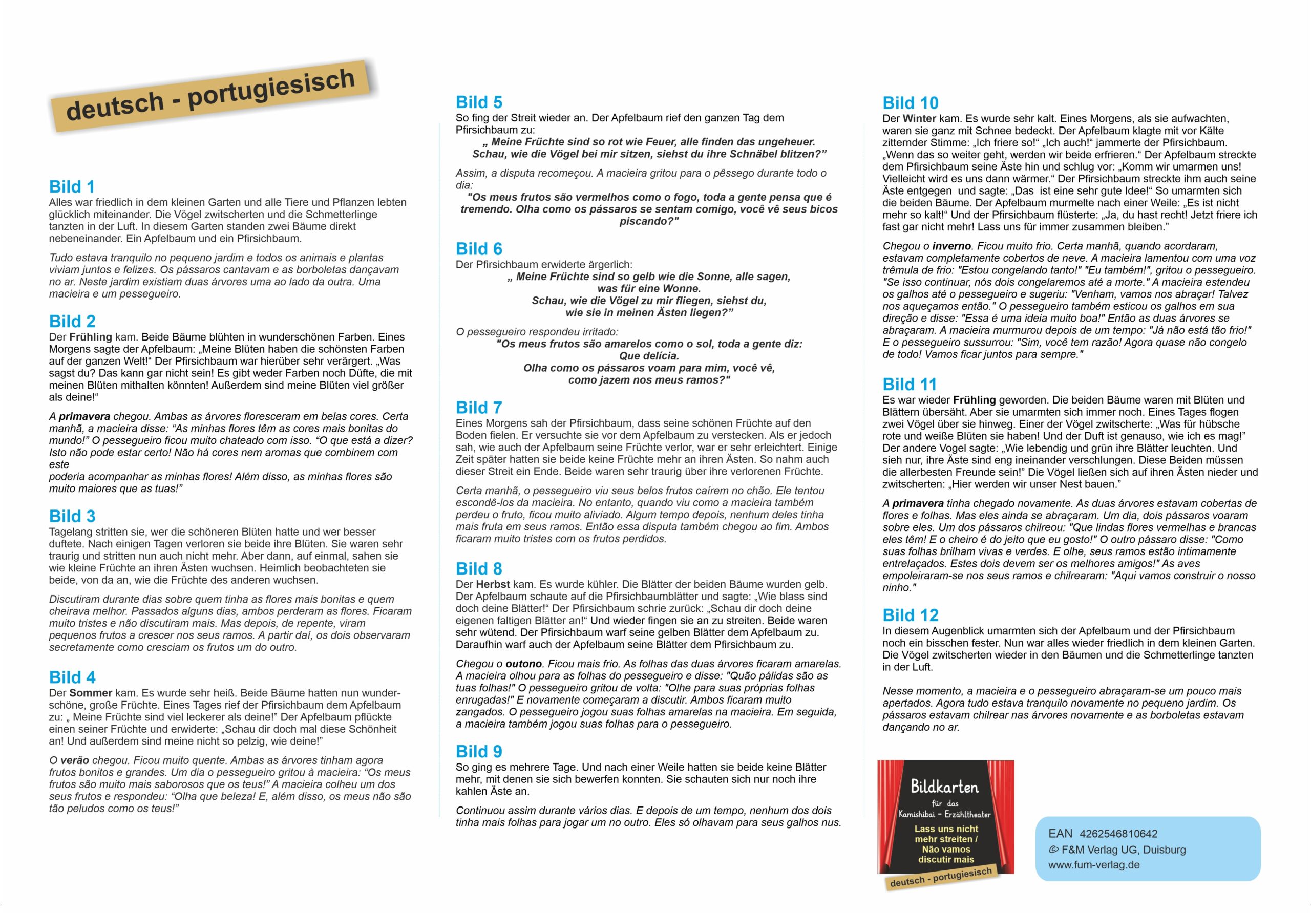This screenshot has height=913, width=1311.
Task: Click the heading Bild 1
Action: tap(72, 187)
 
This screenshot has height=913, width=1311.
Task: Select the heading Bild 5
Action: tap(478, 102)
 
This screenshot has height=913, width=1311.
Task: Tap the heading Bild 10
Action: tap(910, 103)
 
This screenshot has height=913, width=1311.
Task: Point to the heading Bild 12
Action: tap(910, 615)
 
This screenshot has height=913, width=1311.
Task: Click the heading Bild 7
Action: tap(478, 408)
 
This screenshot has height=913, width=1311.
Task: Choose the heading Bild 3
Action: tap(72, 516)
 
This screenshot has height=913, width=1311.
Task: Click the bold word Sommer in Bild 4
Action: tap(90, 693)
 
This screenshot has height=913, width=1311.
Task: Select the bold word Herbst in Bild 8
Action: tap(493, 584)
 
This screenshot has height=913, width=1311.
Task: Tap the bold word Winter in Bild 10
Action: tap(919, 119)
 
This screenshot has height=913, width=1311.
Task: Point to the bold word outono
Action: tap(523, 664)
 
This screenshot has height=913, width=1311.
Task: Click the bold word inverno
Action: tap(951, 246)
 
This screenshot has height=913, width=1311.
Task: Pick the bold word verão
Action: tap(74, 760)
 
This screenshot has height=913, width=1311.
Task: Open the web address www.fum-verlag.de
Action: tap(1093, 865)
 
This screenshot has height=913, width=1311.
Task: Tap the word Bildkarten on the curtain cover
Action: tap(944, 787)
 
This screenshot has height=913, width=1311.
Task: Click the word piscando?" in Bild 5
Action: tap(649, 222)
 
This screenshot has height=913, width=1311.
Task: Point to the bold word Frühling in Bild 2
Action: tap(90, 337)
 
